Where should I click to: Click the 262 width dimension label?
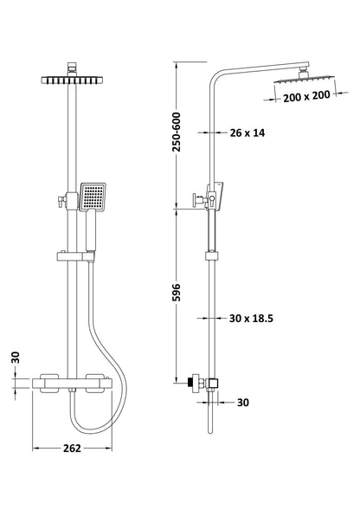(x=72, y=449)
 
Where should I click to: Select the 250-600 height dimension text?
(x=177, y=132)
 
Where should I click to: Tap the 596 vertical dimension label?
(x=176, y=293)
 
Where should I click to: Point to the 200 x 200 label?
(x=306, y=96)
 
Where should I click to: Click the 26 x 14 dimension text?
(x=247, y=132)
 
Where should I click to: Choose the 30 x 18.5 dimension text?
(x=251, y=318)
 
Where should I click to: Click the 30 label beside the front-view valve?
(x=16, y=358)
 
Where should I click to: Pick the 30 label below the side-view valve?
(x=243, y=403)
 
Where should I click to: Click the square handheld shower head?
(x=93, y=197)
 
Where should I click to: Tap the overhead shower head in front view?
(x=72, y=80)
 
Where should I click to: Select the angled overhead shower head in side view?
(x=304, y=79)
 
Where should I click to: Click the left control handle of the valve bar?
(x=49, y=384)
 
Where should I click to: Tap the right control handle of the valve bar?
(x=95, y=384)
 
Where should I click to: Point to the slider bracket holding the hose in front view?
(x=75, y=255)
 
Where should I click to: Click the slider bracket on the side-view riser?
(x=212, y=255)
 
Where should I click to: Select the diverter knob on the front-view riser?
(x=61, y=202)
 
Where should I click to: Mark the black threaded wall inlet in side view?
(x=190, y=383)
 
